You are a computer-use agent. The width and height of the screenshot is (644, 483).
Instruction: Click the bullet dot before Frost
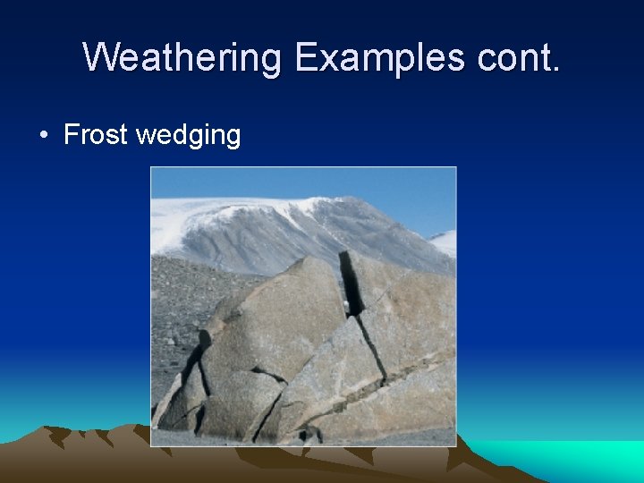coord(43,136)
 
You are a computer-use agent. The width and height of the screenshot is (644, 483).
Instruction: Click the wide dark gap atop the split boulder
coord(351,282)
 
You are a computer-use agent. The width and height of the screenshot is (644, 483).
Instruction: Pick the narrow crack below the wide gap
coord(371,349)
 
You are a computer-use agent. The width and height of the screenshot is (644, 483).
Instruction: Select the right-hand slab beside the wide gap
coord(402,295)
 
